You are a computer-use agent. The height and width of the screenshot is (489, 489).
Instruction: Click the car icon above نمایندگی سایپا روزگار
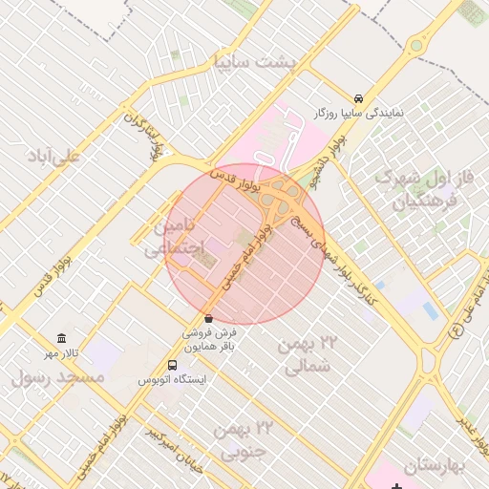tap(358, 98)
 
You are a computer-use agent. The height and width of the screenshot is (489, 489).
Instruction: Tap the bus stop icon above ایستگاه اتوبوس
tap(172, 365)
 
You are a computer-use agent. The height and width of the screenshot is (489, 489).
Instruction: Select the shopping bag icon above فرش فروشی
tap(208, 318)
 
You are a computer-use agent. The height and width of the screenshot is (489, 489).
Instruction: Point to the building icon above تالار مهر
tap(62, 339)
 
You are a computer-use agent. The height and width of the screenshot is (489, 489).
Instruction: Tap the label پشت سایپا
tap(255, 62)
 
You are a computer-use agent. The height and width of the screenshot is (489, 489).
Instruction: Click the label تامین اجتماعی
tap(175, 236)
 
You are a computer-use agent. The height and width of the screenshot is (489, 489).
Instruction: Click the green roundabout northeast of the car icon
tap(415, 45)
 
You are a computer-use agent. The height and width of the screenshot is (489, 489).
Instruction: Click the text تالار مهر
tap(65, 353)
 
